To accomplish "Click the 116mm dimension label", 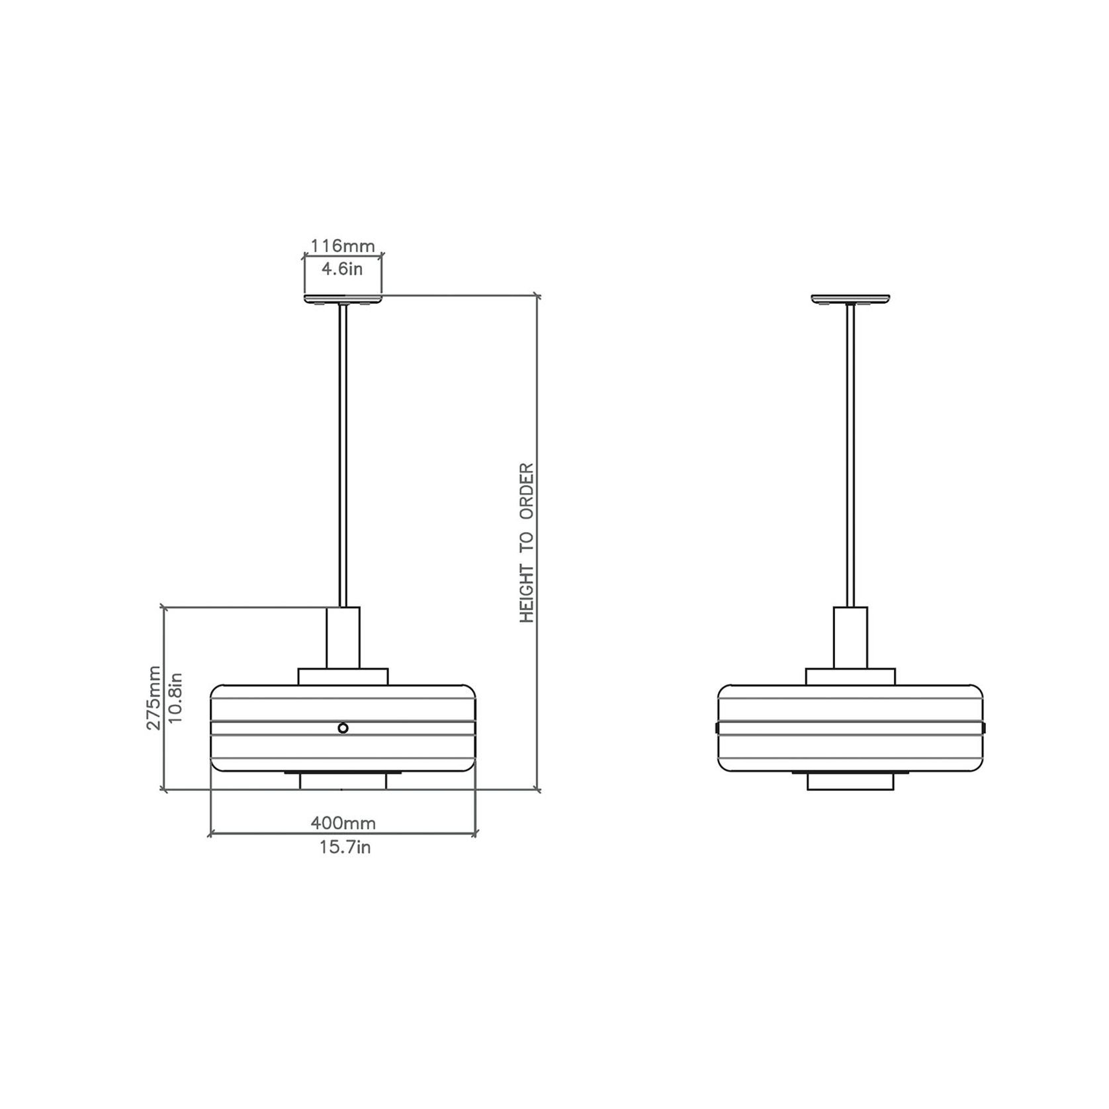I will [343, 246].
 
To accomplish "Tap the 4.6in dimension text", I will [342, 269].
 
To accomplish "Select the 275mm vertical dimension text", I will [154, 697].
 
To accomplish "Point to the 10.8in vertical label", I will [175, 697].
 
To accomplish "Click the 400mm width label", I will [343, 823].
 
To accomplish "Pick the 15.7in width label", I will [345, 847].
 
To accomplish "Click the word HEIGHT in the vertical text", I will [527, 594].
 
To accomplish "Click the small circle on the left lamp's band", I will [343, 728].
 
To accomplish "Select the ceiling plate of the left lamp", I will [343, 299].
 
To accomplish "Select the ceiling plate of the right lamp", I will [850, 299].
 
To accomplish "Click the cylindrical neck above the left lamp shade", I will [343, 637].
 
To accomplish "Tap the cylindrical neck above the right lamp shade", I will [850, 637].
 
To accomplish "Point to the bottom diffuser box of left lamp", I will [343, 781].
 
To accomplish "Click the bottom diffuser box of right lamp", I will [850, 781].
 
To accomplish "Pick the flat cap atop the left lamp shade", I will [343, 676].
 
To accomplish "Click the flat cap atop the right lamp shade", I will [850, 676].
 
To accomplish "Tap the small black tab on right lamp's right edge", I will [984, 728].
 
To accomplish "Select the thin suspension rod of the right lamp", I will [850, 457].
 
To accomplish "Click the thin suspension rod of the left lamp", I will [343, 457].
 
